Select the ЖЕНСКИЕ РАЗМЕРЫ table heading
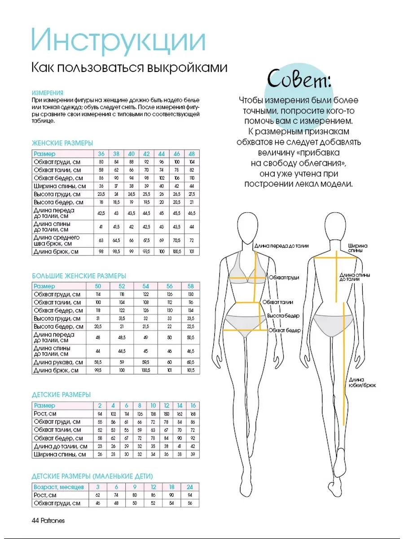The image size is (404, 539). click(62, 143)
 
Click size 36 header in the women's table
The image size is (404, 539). click(101, 154)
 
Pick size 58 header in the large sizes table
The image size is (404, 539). click(190, 286)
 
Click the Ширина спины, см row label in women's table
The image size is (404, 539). click(57, 186)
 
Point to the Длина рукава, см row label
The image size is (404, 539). click(58, 362)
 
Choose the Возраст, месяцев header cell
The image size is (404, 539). click(58, 487)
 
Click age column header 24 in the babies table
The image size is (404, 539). click(189, 487)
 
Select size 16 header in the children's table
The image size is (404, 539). click(193, 406)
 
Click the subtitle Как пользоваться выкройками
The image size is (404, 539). click(129, 68)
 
